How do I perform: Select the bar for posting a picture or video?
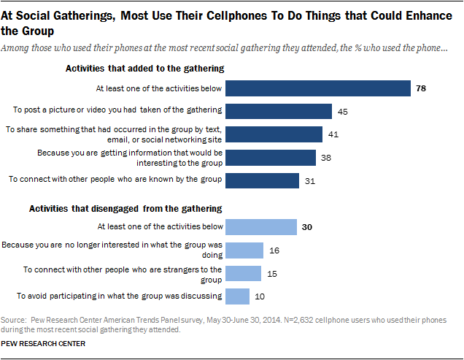point(279,111)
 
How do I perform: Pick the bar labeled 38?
point(271,158)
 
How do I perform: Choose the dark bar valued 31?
point(263,180)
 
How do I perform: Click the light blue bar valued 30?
point(261,227)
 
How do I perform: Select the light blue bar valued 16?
point(244,250)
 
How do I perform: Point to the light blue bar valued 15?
point(244,273)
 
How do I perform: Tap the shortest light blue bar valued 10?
point(238,296)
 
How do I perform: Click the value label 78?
point(421,89)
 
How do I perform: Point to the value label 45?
point(343,112)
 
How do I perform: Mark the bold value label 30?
point(307,228)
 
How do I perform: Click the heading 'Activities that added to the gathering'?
point(144,69)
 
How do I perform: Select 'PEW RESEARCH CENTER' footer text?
point(43,342)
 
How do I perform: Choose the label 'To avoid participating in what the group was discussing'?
point(118,296)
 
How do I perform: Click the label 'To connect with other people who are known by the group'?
point(113,180)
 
